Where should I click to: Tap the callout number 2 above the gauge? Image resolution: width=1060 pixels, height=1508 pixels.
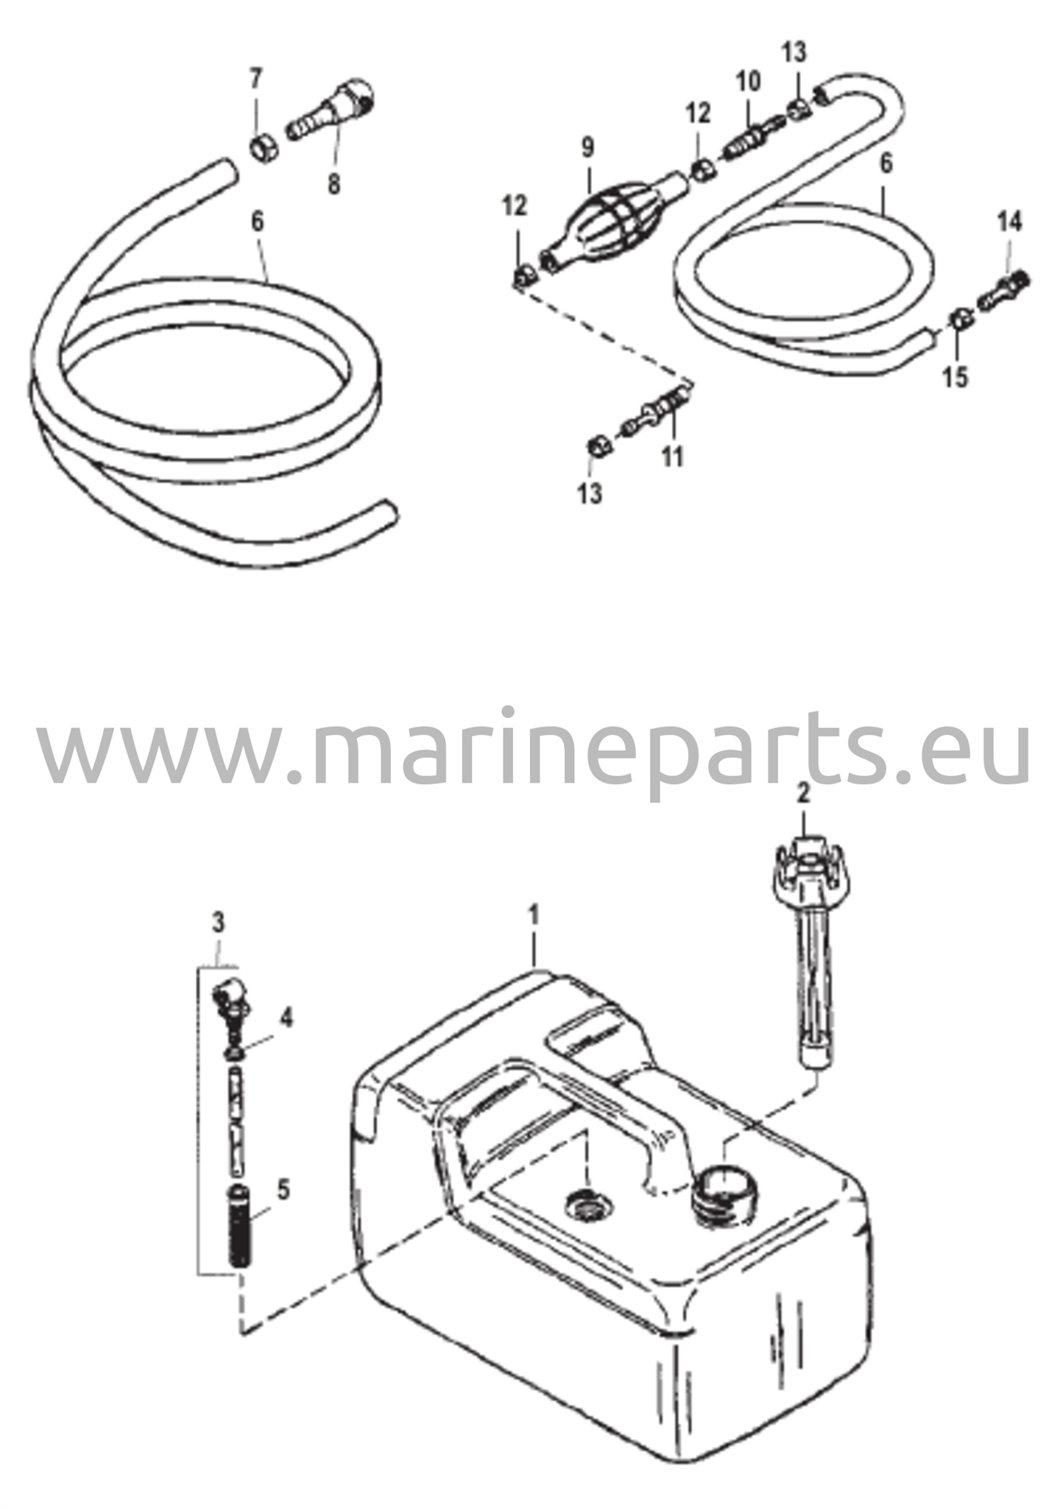(803, 793)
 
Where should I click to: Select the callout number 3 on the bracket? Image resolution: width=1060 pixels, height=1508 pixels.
(218, 922)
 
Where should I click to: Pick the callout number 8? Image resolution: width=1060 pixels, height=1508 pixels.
(334, 183)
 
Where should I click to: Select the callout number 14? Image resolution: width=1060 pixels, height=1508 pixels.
(1010, 221)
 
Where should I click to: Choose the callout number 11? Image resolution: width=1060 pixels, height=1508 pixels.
(672, 456)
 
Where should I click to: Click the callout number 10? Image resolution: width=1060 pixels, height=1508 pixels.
(748, 81)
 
